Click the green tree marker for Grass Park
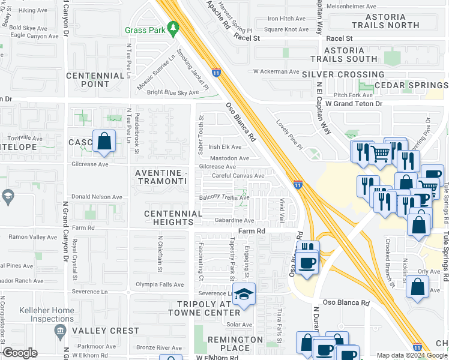pos(173,28)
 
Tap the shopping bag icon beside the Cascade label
pos(104,142)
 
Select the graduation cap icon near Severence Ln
pos(244,294)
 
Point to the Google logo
pos(20,353)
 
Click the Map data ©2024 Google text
pos(411,355)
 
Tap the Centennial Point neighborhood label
pos(95,80)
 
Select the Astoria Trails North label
pos(385,21)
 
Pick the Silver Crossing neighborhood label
pos(343,74)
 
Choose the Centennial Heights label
pos(173,218)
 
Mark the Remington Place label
pos(235,344)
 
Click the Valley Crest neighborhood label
pos(105,331)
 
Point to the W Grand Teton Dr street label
pos(354,104)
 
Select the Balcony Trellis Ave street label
pos(224,198)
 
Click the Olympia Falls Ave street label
pos(159,284)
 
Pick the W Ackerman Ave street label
pos(276,71)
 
